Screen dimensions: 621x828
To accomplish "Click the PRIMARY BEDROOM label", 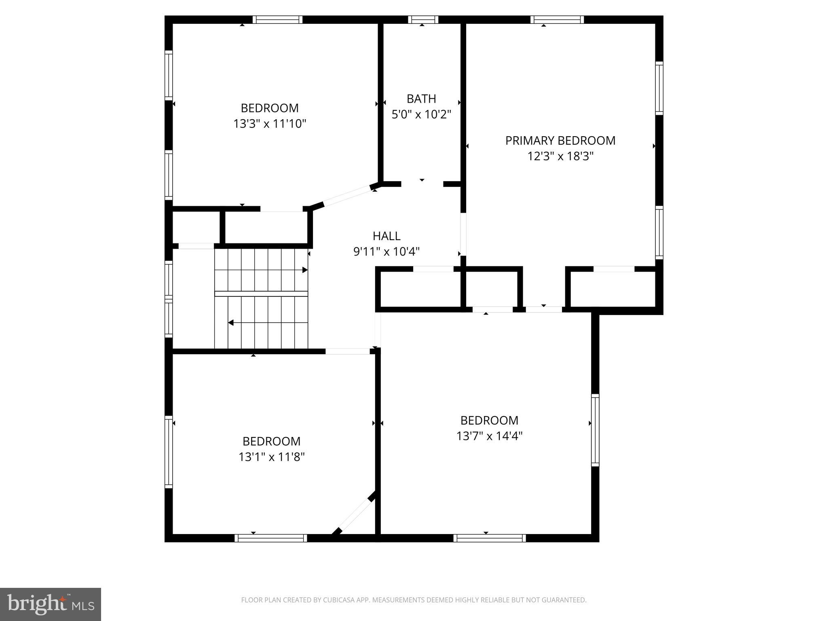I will [560, 141].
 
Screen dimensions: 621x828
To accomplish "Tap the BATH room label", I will [421, 99].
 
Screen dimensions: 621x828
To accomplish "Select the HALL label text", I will [387, 236].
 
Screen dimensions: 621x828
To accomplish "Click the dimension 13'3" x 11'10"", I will [270, 124].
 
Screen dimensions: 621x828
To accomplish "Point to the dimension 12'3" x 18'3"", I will [560, 156].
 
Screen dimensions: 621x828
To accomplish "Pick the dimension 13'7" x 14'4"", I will [489, 436].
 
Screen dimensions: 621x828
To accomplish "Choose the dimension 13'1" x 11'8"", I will [271, 457].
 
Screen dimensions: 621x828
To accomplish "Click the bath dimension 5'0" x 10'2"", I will [421, 114].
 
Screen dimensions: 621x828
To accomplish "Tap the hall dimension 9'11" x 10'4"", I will [387, 251].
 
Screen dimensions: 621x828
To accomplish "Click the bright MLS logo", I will [50, 604].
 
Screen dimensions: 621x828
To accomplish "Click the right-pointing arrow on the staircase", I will [305, 270].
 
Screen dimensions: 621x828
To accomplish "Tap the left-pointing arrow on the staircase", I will [231, 323].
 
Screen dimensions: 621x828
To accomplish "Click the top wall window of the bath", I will [423, 19].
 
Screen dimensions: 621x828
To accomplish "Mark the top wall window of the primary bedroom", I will [557, 19].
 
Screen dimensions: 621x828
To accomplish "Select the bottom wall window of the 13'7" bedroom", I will [489, 538].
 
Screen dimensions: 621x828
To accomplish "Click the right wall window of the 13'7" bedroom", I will [595, 430].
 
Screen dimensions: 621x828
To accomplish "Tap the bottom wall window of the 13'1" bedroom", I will [271, 538].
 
